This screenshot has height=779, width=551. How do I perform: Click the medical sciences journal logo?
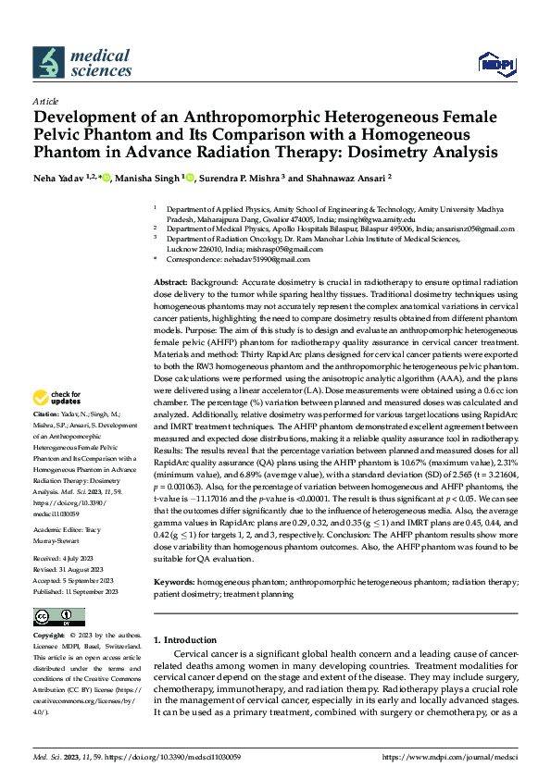(x=82, y=62)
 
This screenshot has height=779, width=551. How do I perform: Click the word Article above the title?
(x=45, y=101)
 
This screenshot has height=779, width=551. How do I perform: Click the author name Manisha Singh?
(x=146, y=179)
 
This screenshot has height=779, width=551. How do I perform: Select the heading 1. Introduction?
(x=185, y=639)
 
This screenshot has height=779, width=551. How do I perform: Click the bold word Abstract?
(x=170, y=280)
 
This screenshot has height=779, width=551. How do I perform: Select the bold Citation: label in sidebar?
(x=45, y=440)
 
